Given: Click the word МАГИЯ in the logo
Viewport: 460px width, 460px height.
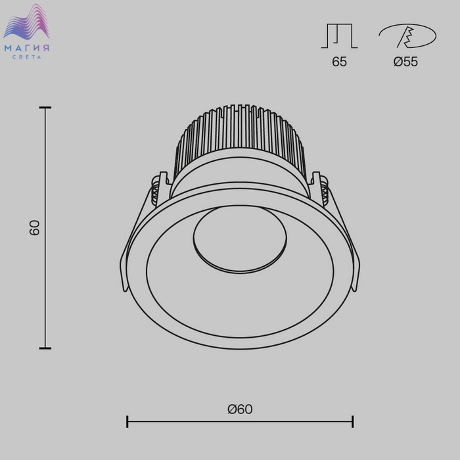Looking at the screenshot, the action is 26,48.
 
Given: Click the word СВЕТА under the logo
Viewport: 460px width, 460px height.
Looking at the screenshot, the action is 27,57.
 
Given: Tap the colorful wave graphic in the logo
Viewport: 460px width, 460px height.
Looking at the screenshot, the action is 26,22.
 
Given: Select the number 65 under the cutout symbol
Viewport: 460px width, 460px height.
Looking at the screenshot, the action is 339,62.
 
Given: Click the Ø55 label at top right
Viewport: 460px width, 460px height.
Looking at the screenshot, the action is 405,62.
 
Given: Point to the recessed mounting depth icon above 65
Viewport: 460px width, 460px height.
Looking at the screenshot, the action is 339,35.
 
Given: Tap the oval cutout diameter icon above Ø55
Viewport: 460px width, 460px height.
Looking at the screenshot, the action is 407,35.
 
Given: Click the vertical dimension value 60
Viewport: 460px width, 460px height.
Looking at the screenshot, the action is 35,227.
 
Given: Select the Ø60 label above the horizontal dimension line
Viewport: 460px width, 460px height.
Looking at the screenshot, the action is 240,409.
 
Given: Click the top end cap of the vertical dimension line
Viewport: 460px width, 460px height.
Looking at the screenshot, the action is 45,108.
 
